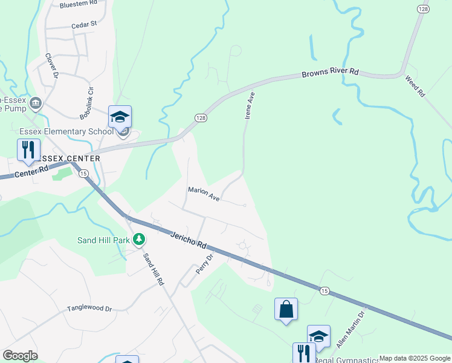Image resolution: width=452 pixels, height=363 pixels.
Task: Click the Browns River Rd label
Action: click(x=330, y=73)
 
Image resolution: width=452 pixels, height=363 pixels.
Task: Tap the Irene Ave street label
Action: click(x=248, y=105)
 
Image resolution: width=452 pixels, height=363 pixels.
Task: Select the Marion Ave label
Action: click(x=204, y=194)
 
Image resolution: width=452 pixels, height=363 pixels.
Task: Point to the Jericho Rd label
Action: click(x=188, y=240)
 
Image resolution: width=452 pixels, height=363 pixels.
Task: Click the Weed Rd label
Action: click(x=415, y=87)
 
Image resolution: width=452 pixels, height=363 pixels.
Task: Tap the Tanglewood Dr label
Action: click(x=90, y=308)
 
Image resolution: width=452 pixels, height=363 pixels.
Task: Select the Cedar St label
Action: click(x=84, y=25)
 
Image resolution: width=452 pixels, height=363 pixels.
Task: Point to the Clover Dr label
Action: click(x=51, y=66)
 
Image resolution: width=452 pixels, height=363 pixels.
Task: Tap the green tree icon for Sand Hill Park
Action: click(x=140, y=240)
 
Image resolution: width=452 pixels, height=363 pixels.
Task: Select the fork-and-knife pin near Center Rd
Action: click(x=28, y=149)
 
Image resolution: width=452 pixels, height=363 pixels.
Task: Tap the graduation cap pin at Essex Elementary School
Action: click(x=120, y=117)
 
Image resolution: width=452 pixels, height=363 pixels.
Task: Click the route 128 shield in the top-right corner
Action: click(x=423, y=9)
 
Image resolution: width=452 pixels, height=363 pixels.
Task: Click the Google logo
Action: click(x=20, y=356)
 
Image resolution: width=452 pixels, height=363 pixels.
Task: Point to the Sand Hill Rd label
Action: click(x=152, y=269)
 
